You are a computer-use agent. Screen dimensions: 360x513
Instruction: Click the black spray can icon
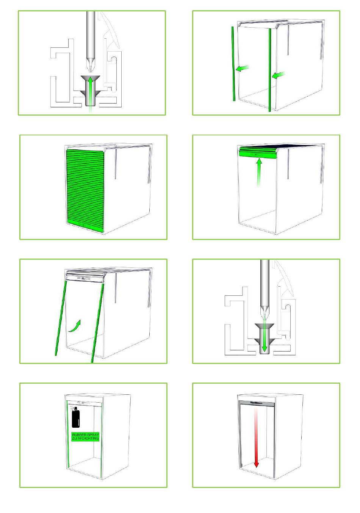(x=75, y=417)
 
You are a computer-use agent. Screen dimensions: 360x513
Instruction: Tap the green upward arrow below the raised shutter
(x=259, y=173)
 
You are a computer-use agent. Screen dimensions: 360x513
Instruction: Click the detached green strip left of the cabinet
(x=233, y=64)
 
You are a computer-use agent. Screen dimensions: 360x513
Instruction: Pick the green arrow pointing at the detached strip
(x=242, y=68)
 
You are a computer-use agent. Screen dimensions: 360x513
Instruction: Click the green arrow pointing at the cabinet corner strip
(x=279, y=75)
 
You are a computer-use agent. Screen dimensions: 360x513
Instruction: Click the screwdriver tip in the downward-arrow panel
(x=265, y=317)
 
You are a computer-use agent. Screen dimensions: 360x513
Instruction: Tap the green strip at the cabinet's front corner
(x=269, y=70)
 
